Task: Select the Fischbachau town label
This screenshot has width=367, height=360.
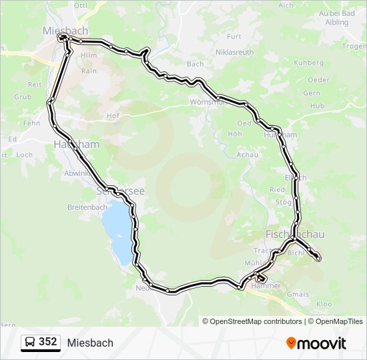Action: (x=295, y=235)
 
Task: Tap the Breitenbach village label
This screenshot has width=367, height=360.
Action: (x=87, y=207)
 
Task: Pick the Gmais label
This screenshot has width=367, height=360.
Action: (x=297, y=293)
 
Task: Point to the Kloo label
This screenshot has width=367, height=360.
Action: (x=324, y=303)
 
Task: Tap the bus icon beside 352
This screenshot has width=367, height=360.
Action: (x=30, y=342)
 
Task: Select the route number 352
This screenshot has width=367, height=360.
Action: (x=47, y=342)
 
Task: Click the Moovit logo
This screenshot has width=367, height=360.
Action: (x=316, y=343)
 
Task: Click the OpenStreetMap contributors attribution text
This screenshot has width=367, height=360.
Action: (x=256, y=321)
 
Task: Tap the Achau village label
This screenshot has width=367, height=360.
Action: (x=247, y=154)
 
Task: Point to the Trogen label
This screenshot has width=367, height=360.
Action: (x=354, y=47)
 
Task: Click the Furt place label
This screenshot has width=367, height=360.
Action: (x=234, y=37)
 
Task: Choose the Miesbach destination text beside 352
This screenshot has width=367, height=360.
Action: (x=90, y=343)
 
